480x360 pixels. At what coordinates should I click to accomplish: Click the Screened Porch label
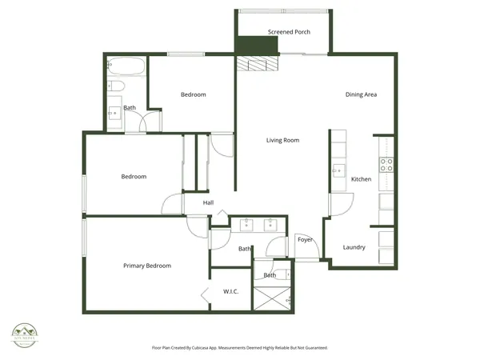(x=289, y=32)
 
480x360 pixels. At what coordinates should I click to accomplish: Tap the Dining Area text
(x=361, y=94)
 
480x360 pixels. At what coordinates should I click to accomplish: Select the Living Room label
(x=282, y=140)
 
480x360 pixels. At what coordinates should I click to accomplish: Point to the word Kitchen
(x=362, y=179)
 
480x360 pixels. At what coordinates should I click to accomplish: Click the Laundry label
(x=354, y=247)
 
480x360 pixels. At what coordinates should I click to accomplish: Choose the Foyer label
(x=304, y=239)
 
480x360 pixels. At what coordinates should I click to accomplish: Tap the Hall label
(x=208, y=202)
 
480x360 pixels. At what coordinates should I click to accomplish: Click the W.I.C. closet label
(x=231, y=292)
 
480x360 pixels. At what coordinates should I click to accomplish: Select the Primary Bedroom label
(x=146, y=266)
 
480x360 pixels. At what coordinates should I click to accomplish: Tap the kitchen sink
(x=338, y=170)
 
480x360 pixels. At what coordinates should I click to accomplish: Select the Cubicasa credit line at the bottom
(x=239, y=348)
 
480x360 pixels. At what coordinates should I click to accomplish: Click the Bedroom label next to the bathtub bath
(x=193, y=94)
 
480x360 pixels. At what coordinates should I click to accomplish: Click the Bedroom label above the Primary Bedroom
(x=134, y=177)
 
